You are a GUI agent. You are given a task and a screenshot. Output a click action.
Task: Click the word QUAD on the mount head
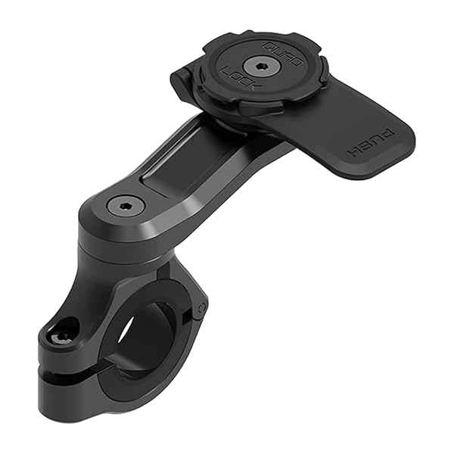tap(281, 53)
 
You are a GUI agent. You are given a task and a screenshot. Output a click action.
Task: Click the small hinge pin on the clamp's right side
tap(201, 308)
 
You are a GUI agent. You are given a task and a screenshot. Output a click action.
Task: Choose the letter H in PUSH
tap(353, 152)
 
